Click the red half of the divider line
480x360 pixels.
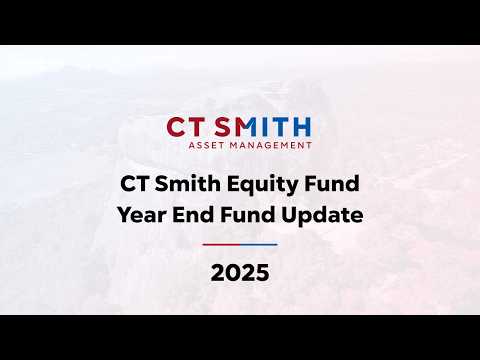point(221,244)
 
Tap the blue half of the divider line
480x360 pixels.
point(258,244)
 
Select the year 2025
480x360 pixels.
point(240,273)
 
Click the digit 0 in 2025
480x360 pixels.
point(233,273)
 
